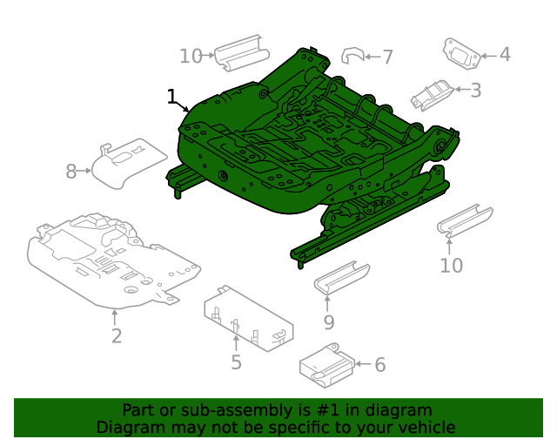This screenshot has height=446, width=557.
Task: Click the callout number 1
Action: pos(171,97)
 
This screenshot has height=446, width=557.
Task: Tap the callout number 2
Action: pos(116,335)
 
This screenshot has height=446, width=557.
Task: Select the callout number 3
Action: pos(475,90)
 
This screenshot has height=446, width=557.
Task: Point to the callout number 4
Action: pos(504,55)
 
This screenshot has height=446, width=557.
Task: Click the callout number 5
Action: pos(236,362)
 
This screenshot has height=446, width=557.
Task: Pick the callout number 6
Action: pos(379,365)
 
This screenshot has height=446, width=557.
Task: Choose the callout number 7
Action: pos(387,57)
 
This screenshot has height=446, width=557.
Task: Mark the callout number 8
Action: pos(71,172)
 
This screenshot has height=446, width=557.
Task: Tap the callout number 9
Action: pos(328,322)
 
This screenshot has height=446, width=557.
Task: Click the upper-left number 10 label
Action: pos(191,57)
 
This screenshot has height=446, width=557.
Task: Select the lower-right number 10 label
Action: pos(451,265)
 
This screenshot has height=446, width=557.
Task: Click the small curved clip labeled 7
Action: pos(351,57)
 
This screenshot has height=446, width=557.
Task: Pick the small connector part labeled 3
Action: pos(433,95)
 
